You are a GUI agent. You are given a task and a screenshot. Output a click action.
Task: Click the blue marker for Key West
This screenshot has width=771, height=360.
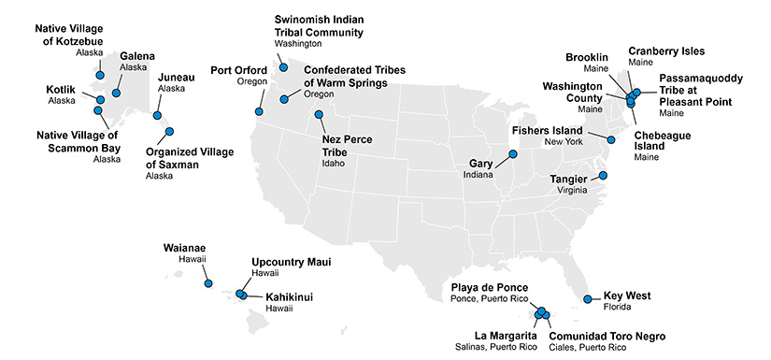[x=587, y=300]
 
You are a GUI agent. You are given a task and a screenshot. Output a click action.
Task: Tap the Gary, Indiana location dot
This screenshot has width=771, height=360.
[x=513, y=154]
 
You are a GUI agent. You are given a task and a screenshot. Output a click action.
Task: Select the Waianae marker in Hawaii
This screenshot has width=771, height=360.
[x=208, y=282]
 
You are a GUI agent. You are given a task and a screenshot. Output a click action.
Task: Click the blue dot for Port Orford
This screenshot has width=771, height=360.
[x=258, y=110]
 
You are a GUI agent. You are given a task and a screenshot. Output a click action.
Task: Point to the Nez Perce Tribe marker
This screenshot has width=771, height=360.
[x=320, y=115]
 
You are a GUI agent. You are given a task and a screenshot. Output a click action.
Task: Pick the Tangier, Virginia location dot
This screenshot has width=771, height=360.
[x=603, y=175]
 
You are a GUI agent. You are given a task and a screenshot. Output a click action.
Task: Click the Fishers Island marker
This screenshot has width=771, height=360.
[x=612, y=139]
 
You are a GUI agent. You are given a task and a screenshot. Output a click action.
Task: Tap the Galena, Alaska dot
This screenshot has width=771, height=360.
[x=117, y=93]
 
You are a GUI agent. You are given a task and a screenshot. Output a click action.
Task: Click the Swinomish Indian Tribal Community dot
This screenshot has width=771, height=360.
[x=283, y=67]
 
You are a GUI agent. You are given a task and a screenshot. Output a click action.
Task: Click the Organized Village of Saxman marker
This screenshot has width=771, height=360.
[x=170, y=132]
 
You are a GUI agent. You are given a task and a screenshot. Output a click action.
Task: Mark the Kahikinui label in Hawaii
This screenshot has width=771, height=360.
[x=289, y=296]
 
